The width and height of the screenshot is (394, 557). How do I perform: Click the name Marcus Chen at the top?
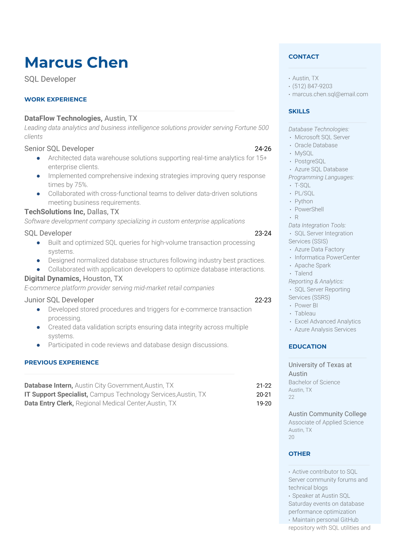pyautogui.click(x=76, y=63)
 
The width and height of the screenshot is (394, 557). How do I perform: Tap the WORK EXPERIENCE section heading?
pyautogui.click(x=56, y=99)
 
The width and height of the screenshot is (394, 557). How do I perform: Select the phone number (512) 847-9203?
pyautogui.click(x=312, y=86)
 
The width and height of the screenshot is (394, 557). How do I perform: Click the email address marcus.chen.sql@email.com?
pyautogui.click(x=330, y=94)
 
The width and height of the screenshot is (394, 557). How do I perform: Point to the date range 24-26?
pyautogui.click(x=263, y=149)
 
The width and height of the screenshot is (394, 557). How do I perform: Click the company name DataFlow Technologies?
pyautogui.click(x=63, y=118)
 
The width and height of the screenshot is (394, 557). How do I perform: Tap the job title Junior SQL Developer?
pyautogui.click(x=59, y=300)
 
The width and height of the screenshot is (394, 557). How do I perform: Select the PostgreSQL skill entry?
pyautogui.click(x=310, y=161)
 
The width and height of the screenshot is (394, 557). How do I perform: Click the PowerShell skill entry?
pyautogui.click(x=309, y=209)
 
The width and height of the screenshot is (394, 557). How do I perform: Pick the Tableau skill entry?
pyautogui.click(x=305, y=313)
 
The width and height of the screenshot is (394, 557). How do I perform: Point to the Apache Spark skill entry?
pyautogui.click(x=313, y=265)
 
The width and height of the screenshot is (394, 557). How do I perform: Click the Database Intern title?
pyautogui.click(x=48, y=385)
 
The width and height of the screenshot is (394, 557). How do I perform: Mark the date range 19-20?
pyautogui.click(x=264, y=403)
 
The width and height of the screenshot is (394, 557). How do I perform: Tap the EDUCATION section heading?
pyautogui.click(x=307, y=347)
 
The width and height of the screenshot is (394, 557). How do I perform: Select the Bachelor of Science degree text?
pyautogui.click(x=314, y=382)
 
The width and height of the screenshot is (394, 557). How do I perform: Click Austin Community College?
pyautogui.click(x=327, y=414)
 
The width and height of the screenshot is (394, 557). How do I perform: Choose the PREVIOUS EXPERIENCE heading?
pyautogui.click(x=62, y=362)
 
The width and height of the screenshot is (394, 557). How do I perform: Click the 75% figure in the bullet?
pyautogui.click(x=81, y=185)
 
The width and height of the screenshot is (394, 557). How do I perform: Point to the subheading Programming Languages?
pyautogui.click(x=321, y=177)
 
